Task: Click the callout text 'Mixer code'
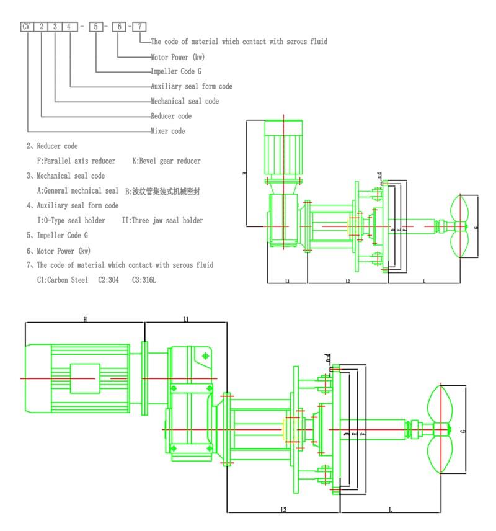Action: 167,132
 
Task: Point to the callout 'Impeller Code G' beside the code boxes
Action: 176,71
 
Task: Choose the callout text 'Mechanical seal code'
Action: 184,101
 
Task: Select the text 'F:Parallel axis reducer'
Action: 76,161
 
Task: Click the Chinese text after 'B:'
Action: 166,191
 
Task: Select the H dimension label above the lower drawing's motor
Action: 84,319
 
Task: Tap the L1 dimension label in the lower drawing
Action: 186,319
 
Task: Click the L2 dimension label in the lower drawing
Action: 283,509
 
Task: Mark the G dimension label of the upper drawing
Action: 476,228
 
